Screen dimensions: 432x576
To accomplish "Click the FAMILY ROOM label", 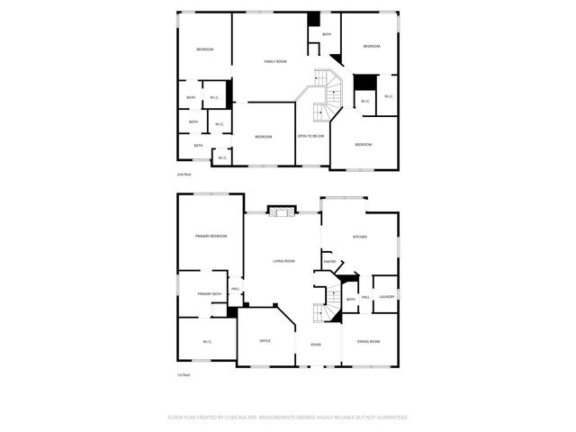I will (x=274, y=61).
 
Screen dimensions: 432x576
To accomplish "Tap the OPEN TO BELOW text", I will (x=310, y=136).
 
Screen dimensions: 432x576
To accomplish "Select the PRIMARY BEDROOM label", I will (x=211, y=236).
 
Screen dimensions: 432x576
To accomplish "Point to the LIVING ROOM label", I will (x=283, y=261).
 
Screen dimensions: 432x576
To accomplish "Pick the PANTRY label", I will (x=329, y=262).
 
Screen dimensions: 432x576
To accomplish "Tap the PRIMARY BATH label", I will (x=210, y=294).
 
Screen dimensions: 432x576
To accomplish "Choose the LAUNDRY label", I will (x=387, y=297).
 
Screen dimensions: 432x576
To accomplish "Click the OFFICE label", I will (x=265, y=341).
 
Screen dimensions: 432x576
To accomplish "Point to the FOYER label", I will (x=316, y=345).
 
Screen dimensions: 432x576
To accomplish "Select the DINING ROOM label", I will (x=368, y=341).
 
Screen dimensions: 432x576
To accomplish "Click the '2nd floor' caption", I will (x=184, y=174).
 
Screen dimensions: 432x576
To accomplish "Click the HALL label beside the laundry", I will (x=366, y=297).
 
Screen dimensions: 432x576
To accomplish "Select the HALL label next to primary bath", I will (x=235, y=289).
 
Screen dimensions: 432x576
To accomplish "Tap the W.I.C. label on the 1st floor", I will (x=207, y=341).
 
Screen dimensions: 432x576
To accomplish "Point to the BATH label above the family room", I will (x=326, y=34).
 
